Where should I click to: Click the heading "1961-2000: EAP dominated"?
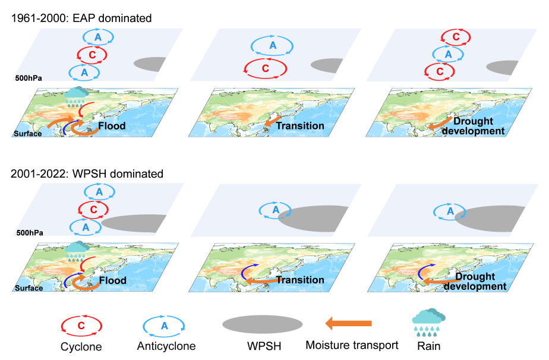coord(81,18)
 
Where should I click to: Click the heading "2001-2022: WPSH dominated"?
coord(87,174)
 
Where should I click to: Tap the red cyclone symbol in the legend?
coord(81,326)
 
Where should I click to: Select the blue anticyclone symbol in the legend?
coord(165,326)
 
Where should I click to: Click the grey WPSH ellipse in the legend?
coord(263,324)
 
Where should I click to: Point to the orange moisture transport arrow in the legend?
coord(348,323)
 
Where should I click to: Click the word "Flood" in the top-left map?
coord(112,126)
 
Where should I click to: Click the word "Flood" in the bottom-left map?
coord(112,280)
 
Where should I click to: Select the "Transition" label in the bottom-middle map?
coord(300,280)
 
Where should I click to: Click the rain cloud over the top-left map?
coord(76,95)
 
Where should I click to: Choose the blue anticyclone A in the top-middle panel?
coord(273,46)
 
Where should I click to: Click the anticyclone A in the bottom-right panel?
coord(450,211)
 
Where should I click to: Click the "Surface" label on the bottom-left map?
coord(28,288)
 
